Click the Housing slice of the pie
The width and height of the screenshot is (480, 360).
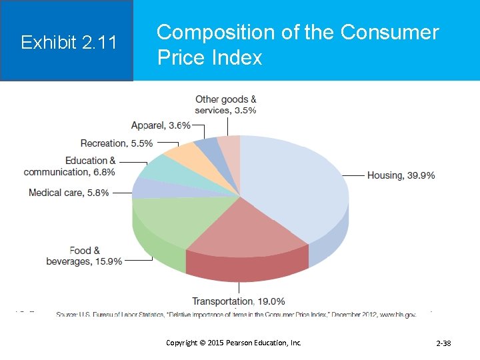293,180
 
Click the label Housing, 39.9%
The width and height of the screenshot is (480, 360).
401,175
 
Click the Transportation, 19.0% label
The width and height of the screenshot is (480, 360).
239,301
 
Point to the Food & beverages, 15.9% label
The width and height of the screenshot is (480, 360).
84,256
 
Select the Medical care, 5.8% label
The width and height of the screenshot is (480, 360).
69,193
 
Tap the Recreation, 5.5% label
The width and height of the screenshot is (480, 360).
116,143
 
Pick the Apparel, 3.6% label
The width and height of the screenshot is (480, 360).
161,125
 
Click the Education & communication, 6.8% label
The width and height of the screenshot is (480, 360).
69,166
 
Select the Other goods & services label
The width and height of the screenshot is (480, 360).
225,105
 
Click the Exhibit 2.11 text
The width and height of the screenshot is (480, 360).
69,43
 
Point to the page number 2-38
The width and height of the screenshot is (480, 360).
443,343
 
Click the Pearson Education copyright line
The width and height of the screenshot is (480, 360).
233,343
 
